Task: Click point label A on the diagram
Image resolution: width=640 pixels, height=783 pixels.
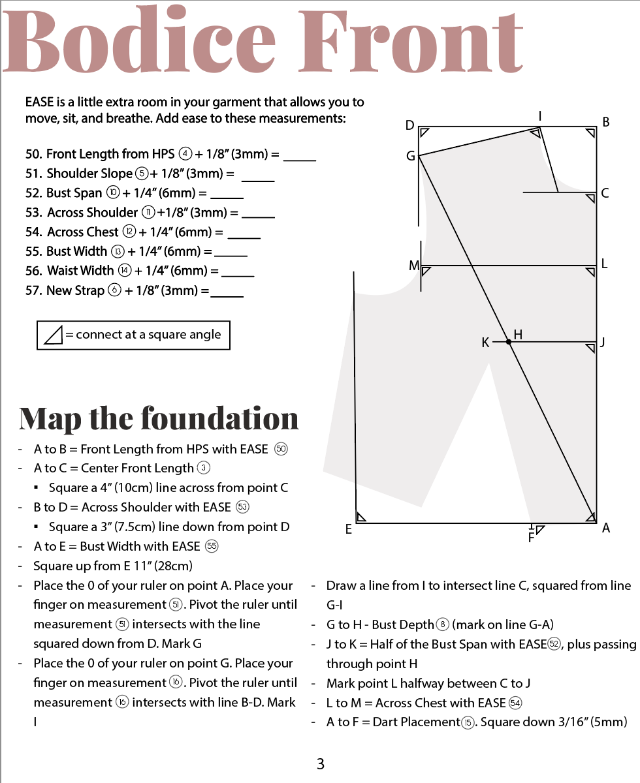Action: [606, 528]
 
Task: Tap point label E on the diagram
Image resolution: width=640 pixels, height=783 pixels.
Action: [349, 530]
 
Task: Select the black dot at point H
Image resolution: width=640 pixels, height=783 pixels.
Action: [508, 341]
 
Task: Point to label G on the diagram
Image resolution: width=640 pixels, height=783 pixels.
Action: [411, 157]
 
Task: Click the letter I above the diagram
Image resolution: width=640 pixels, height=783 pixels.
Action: [540, 115]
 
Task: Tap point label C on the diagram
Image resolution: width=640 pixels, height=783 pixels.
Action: [605, 193]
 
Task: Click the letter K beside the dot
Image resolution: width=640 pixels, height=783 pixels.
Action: [485, 342]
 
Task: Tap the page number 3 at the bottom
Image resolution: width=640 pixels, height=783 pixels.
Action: [320, 764]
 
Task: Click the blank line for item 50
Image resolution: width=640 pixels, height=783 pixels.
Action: [300, 159]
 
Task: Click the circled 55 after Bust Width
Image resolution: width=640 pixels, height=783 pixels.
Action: [212, 546]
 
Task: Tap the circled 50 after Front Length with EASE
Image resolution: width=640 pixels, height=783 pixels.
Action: [281, 449]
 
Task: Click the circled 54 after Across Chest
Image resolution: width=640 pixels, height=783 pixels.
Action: [515, 703]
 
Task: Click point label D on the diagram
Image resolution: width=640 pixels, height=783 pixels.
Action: [409, 125]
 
